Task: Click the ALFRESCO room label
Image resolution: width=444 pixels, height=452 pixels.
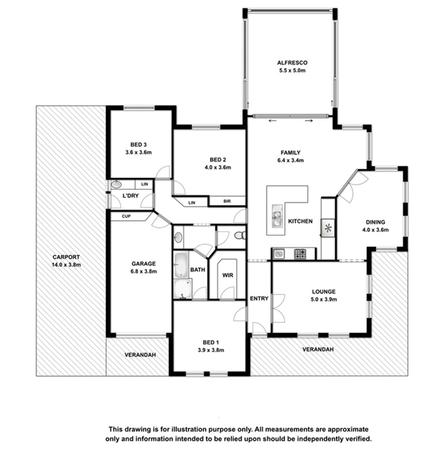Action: pos(292,62)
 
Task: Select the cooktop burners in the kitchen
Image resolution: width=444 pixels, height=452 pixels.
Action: pos(300,254)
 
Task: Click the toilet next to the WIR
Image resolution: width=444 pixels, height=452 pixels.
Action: pos(240,236)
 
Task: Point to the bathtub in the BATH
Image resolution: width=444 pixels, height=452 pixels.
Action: pos(181,265)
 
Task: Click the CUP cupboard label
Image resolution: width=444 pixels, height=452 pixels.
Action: pos(126,216)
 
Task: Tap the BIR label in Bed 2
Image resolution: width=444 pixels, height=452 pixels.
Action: pos(227,202)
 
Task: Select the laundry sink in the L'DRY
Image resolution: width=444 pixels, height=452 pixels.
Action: pos(116,184)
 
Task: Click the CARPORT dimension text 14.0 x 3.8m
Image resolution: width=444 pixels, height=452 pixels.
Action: pos(66,265)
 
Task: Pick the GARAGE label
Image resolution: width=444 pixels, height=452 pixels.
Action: pos(144,264)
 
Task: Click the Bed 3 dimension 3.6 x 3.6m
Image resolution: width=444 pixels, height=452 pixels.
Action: pos(138,152)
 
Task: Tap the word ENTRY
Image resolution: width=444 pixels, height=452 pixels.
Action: pos(259,299)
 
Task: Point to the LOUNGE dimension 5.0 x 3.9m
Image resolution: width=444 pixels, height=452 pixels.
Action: pos(324,299)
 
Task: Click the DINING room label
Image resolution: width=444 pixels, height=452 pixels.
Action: pos(375,222)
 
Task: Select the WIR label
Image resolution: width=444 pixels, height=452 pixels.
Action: pos(227,276)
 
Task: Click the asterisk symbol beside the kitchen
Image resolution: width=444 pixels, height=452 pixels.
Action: pos(328,228)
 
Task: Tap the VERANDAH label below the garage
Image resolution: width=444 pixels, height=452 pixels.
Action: pos(140,355)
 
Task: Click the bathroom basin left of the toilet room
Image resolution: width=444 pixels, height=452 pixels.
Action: pos(178,237)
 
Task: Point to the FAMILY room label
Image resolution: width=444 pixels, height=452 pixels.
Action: pos(291,153)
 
